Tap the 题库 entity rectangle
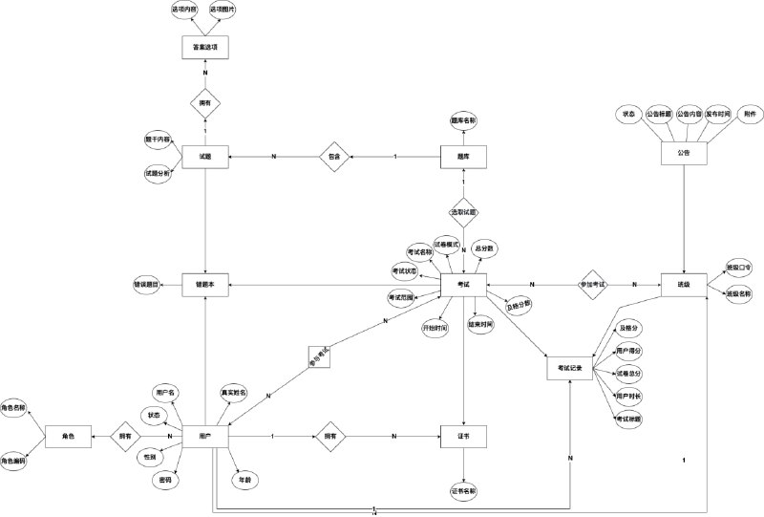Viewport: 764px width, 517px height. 463,156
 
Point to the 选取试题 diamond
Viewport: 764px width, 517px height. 463,210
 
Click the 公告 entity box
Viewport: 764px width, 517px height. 685,153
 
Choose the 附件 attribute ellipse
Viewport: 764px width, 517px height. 750,114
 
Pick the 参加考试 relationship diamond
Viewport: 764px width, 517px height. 592,285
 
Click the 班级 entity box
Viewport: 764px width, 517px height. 683,285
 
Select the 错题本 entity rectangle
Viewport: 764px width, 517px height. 205,285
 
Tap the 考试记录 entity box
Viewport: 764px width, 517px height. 570,368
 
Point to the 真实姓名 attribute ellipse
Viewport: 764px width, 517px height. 235,392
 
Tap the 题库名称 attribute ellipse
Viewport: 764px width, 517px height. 463,121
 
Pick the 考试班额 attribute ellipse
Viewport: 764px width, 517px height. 628,419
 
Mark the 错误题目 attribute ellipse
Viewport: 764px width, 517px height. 147,285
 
